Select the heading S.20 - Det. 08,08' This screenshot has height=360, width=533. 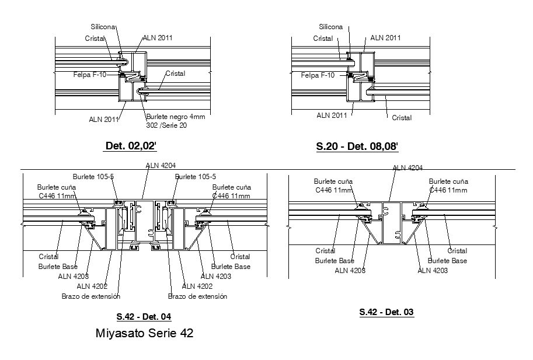(x=357, y=146)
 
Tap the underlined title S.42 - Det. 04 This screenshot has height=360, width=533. (x=144, y=317)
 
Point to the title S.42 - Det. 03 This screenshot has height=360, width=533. (x=386, y=312)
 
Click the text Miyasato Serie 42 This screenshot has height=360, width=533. (x=144, y=334)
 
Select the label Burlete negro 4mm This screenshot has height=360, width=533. (x=176, y=117)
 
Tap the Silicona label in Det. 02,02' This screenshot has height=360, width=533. (x=103, y=27)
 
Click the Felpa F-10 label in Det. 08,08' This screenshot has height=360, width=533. (x=318, y=75)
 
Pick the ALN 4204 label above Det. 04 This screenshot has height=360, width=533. (x=161, y=166)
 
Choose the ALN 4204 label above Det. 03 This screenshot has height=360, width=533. (x=407, y=167)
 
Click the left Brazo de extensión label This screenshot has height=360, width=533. (x=90, y=296)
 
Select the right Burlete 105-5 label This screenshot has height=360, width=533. (x=196, y=177)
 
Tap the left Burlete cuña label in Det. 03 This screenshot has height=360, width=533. (x=333, y=181)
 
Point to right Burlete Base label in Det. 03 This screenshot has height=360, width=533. (x=447, y=261)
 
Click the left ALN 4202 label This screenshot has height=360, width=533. (x=92, y=286)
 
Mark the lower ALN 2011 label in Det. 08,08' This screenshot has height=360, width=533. (x=332, y=116)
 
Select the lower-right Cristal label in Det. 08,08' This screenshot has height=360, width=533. (x=402, y=118)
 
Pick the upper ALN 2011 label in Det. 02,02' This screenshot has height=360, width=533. (x=158, y=38)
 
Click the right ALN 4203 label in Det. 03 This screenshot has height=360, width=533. (x=433, y=270)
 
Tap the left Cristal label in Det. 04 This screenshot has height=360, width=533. (x=48, y=257)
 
